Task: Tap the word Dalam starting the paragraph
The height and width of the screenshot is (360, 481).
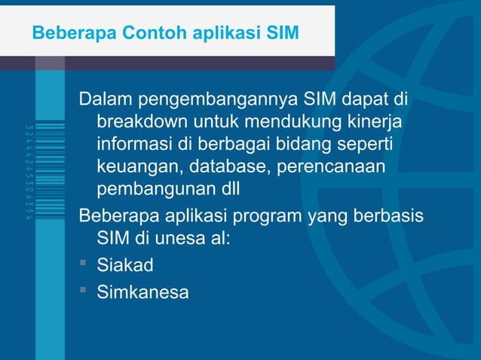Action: click(x=104, y=99)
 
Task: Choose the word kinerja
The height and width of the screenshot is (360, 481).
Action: click(x=376, y=122)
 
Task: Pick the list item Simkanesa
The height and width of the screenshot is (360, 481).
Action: click(x=142, y=291)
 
